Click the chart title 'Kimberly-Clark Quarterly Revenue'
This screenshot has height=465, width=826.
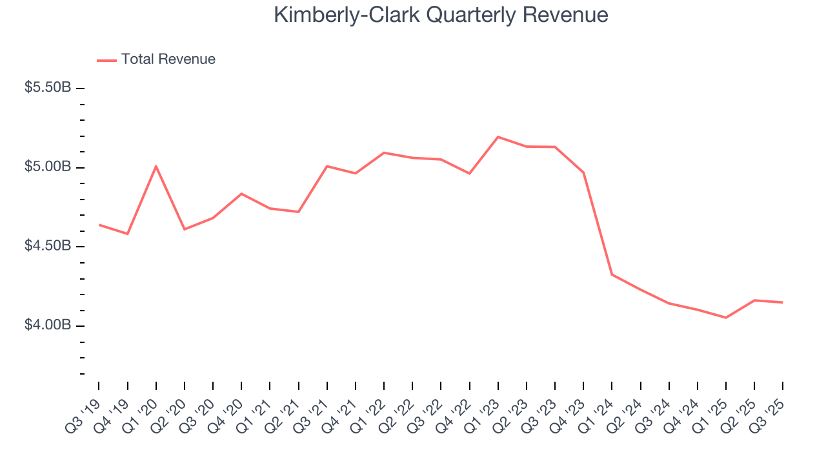click(441, 15)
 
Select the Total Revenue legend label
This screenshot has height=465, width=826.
click(168, 59)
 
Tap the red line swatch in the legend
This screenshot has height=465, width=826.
click(106, 60)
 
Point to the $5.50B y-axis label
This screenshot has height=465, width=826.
click(48, 87)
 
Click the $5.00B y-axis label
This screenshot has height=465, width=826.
click(48, 167)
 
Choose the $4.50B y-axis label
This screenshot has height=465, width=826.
click(48, 247)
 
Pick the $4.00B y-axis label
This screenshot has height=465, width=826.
click(48, 325)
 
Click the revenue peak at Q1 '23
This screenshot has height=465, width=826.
click(498, 137)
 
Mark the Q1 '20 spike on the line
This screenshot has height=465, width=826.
click(156, 166)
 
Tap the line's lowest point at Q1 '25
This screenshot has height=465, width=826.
click(726, 318)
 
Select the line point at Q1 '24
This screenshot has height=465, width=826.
click(612, 274)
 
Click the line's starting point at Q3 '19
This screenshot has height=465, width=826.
click(99, 225)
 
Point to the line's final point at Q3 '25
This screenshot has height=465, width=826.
click(783, 302)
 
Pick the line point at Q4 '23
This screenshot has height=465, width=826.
click(583, 172)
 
